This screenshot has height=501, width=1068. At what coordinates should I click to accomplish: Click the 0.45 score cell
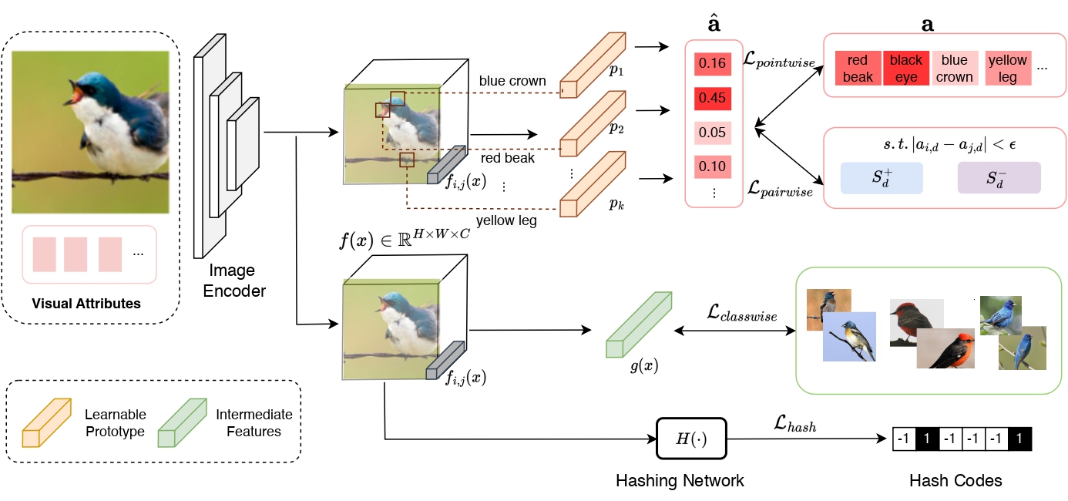point(712,99)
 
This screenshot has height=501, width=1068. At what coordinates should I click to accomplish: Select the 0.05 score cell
point(712,133)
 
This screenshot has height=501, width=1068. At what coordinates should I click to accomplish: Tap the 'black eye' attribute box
point(906,68)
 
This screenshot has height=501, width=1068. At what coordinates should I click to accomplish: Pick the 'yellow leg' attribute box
point(1007,68)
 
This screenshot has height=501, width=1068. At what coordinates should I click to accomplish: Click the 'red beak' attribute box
point(858,68)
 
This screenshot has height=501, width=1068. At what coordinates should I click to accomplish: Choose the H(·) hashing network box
point(691,439)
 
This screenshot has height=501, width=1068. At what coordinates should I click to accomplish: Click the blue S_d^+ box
point(882,178)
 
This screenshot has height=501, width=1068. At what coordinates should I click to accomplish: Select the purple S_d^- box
point(999,178)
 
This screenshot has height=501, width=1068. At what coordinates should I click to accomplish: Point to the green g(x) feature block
point(639,325)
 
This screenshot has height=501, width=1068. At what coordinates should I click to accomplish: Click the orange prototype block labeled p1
point(593,66)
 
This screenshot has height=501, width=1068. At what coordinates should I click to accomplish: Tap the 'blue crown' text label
point(512,81)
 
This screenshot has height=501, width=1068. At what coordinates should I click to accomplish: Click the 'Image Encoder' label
point(233,281)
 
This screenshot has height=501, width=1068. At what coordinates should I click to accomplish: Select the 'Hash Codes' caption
point(955,480)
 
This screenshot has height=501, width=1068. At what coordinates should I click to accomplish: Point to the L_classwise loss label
point(742,313)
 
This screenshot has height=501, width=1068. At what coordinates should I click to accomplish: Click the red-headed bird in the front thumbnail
point(945,348)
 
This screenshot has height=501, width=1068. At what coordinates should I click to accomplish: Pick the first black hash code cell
point(927,439)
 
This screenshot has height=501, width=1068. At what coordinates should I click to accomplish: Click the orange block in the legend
point(47,423)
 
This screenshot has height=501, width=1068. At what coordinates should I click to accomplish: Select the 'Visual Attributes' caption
point(86,304)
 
